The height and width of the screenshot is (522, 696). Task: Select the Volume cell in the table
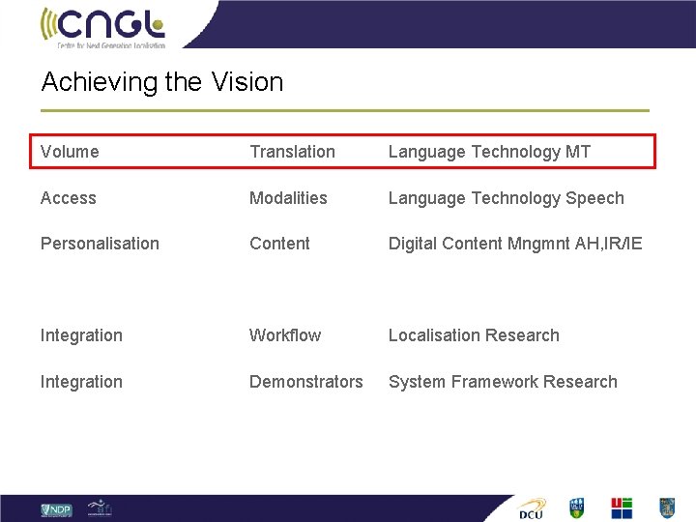[x=70, y=152]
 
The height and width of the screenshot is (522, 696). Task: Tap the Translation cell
[x=292, y=152]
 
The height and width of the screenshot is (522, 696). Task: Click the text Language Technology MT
[x=489, y=152]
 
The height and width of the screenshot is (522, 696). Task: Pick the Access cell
[x=69, y=198]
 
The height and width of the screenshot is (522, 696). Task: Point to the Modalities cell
[x=288, y=198]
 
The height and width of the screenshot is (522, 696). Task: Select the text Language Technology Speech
[x=506, y=198]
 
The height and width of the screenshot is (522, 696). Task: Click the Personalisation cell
[x=100, y=244]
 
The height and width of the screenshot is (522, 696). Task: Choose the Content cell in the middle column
[x=279, y=244]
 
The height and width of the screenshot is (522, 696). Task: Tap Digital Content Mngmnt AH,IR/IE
[x=515, y=244]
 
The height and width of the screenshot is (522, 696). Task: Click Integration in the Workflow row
[x=81, y=335]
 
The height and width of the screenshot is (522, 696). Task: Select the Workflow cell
[x=285, y=335]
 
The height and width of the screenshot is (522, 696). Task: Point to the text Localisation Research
[x=474, y=335]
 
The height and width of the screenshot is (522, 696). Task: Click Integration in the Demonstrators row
[x=81, y=382]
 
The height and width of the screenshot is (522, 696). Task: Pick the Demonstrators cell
[x=306, y=382]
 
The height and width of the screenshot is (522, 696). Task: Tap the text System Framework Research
[x=503, y=382]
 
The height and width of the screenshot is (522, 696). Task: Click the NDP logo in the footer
[x=56, y=508]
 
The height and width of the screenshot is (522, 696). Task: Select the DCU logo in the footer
[x=532, y=508]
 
